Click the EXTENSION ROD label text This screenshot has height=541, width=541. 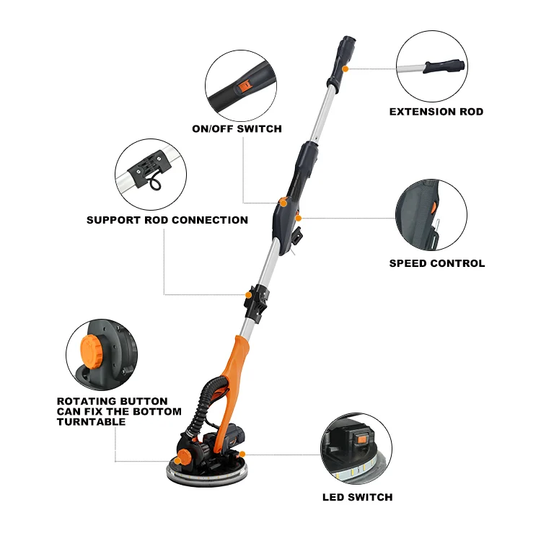[436, 112]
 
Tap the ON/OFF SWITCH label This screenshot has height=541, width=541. [237, 128]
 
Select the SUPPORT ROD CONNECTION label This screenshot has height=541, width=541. [167, 220]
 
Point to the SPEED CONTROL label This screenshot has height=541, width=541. [437, 263]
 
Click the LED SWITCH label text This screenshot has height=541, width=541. [358, 497]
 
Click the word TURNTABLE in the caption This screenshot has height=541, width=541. [91, 422]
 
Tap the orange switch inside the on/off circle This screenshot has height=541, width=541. [245, 86]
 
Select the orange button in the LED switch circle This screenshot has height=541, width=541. [361, 439]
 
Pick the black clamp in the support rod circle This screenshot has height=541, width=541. [149, 168]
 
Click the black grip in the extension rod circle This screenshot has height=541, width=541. [444, 66]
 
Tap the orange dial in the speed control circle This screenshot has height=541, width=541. [433, 208]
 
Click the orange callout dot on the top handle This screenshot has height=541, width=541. [345, 69]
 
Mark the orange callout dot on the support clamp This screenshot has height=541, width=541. [248, 295]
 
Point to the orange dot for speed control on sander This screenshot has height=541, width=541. [299, 218]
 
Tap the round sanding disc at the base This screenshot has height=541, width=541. [207, 473]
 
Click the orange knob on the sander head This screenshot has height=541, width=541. [185, 457]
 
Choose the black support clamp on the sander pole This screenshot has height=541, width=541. [257, 303]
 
